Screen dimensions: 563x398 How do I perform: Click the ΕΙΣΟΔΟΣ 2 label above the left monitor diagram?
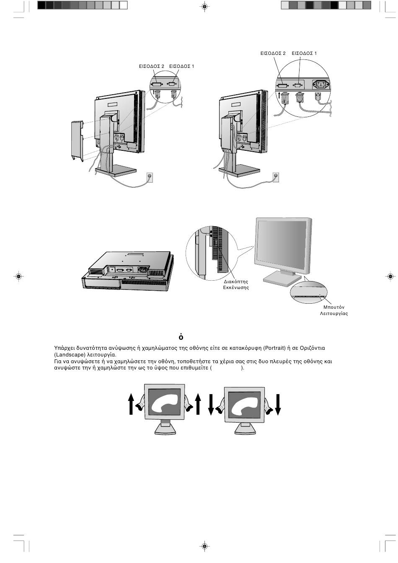click(152, 66)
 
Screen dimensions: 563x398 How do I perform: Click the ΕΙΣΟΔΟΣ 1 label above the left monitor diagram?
click(182, 66)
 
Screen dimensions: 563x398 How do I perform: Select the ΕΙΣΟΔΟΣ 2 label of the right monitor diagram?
click(273, 54)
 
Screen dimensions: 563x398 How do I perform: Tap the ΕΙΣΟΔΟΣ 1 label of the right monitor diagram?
click(304, 54)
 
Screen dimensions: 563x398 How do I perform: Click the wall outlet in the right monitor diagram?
click(276, 177)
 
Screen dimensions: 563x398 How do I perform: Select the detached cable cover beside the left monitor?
click(77, 139)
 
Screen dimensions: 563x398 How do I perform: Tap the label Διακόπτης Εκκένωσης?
click(236, 284)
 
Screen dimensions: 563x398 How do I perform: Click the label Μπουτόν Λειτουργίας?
click(333, 310)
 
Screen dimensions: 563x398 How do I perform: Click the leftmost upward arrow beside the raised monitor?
click(132, 404)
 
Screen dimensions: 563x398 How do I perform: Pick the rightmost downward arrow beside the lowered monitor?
click(277, 404)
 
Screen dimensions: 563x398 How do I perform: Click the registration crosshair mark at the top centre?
click(204, 6)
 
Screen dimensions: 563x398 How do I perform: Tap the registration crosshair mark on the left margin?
click(18, 276)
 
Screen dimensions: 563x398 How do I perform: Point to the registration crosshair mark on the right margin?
click(390, 276)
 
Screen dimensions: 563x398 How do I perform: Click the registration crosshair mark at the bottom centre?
click(204, 546)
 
